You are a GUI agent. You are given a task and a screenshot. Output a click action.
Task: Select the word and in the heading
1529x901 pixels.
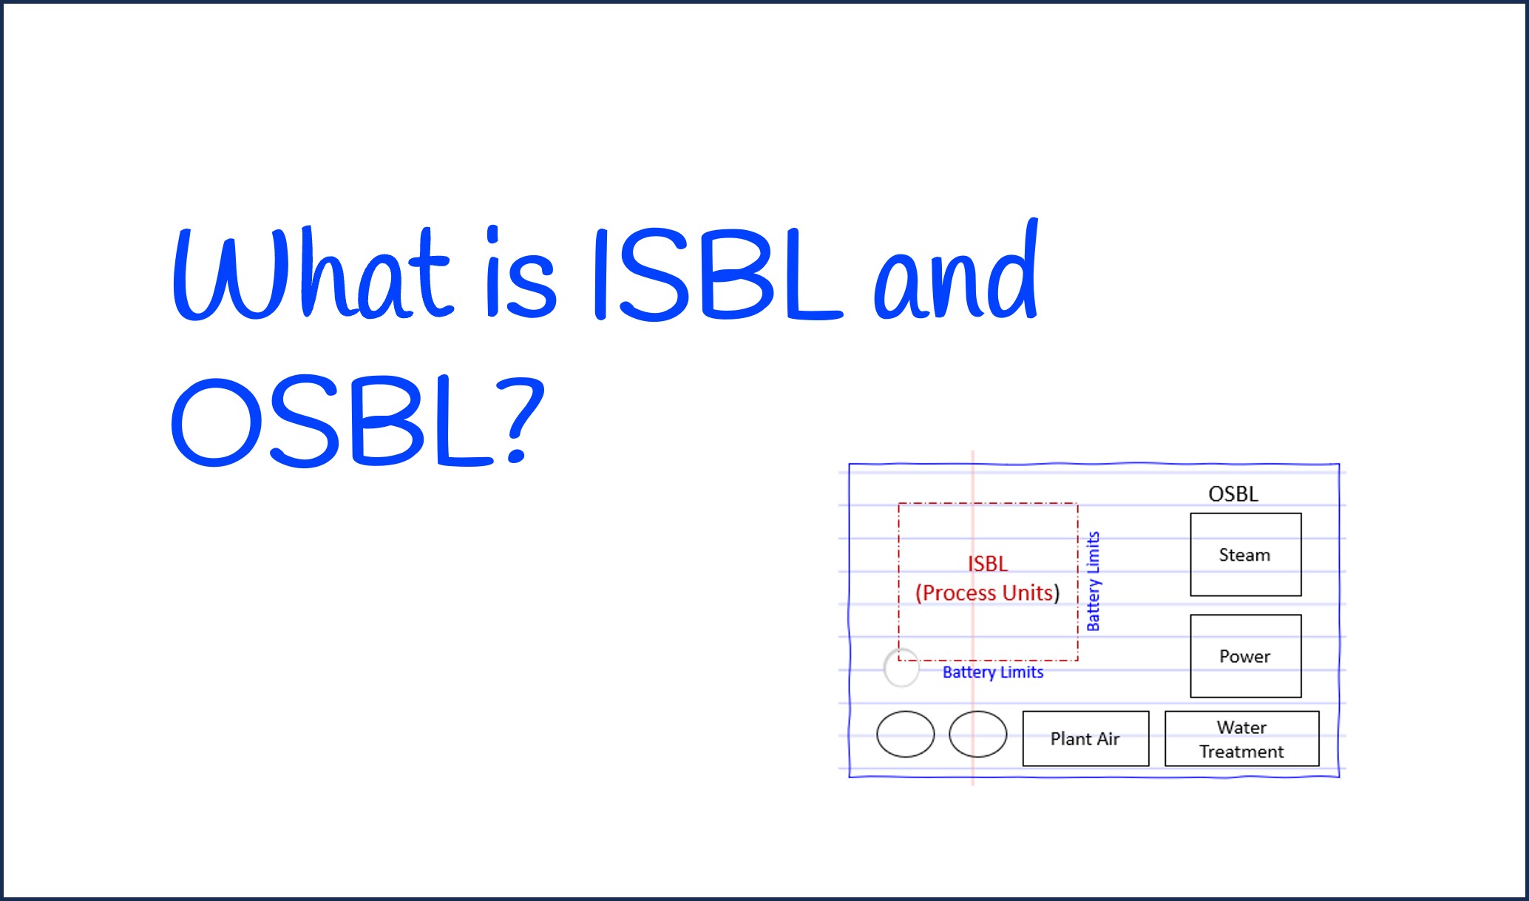click(956, 272)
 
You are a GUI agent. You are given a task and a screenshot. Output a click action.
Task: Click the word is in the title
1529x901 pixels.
click(521, 274)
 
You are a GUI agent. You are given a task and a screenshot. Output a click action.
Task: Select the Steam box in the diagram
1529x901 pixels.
click(1245, 555)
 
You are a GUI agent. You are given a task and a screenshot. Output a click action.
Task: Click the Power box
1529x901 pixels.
click(1245, 656)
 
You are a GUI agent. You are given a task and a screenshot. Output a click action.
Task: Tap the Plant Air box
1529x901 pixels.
click(1085, 738)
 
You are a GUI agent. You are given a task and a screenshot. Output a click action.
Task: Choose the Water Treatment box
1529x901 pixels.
click(1241, 738)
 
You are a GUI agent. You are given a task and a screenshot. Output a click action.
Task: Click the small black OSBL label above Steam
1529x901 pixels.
click(1233, 494)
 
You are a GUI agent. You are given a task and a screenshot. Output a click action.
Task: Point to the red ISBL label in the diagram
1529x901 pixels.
click(988, 564)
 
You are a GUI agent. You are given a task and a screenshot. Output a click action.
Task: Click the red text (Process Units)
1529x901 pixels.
click(988, 593)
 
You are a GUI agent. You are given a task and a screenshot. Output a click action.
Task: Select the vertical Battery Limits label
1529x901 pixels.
click(1093, 581)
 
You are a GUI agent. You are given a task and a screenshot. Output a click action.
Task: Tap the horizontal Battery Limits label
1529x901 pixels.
click(993, 672)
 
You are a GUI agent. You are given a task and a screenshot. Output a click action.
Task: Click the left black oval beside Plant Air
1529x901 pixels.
click(905, 734)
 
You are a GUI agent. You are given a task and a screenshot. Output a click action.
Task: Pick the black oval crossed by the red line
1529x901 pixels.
click(977, 734)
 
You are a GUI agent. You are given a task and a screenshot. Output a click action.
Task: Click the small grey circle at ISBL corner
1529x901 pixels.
click(901, 667)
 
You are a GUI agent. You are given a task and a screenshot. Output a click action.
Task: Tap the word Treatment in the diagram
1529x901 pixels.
click(1241, 752)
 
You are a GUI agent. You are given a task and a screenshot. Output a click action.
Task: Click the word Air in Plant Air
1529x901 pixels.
click(1108, 738)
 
